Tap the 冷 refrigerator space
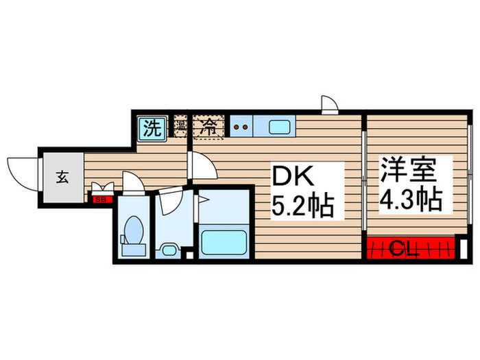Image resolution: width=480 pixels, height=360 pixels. (207, 127)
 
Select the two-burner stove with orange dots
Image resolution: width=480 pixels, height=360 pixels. (241, 126)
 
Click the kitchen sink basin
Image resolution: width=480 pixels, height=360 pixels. (279, 126)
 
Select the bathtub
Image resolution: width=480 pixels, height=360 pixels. (223, 241)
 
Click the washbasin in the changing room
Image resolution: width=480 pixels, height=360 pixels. (167, 247)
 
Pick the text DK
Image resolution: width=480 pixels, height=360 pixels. (295, 178)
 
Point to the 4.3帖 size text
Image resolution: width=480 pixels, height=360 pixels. (412, 199)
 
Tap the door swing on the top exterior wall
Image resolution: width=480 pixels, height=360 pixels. (329, 104)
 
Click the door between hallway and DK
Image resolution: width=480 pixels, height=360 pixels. (200, 165)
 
